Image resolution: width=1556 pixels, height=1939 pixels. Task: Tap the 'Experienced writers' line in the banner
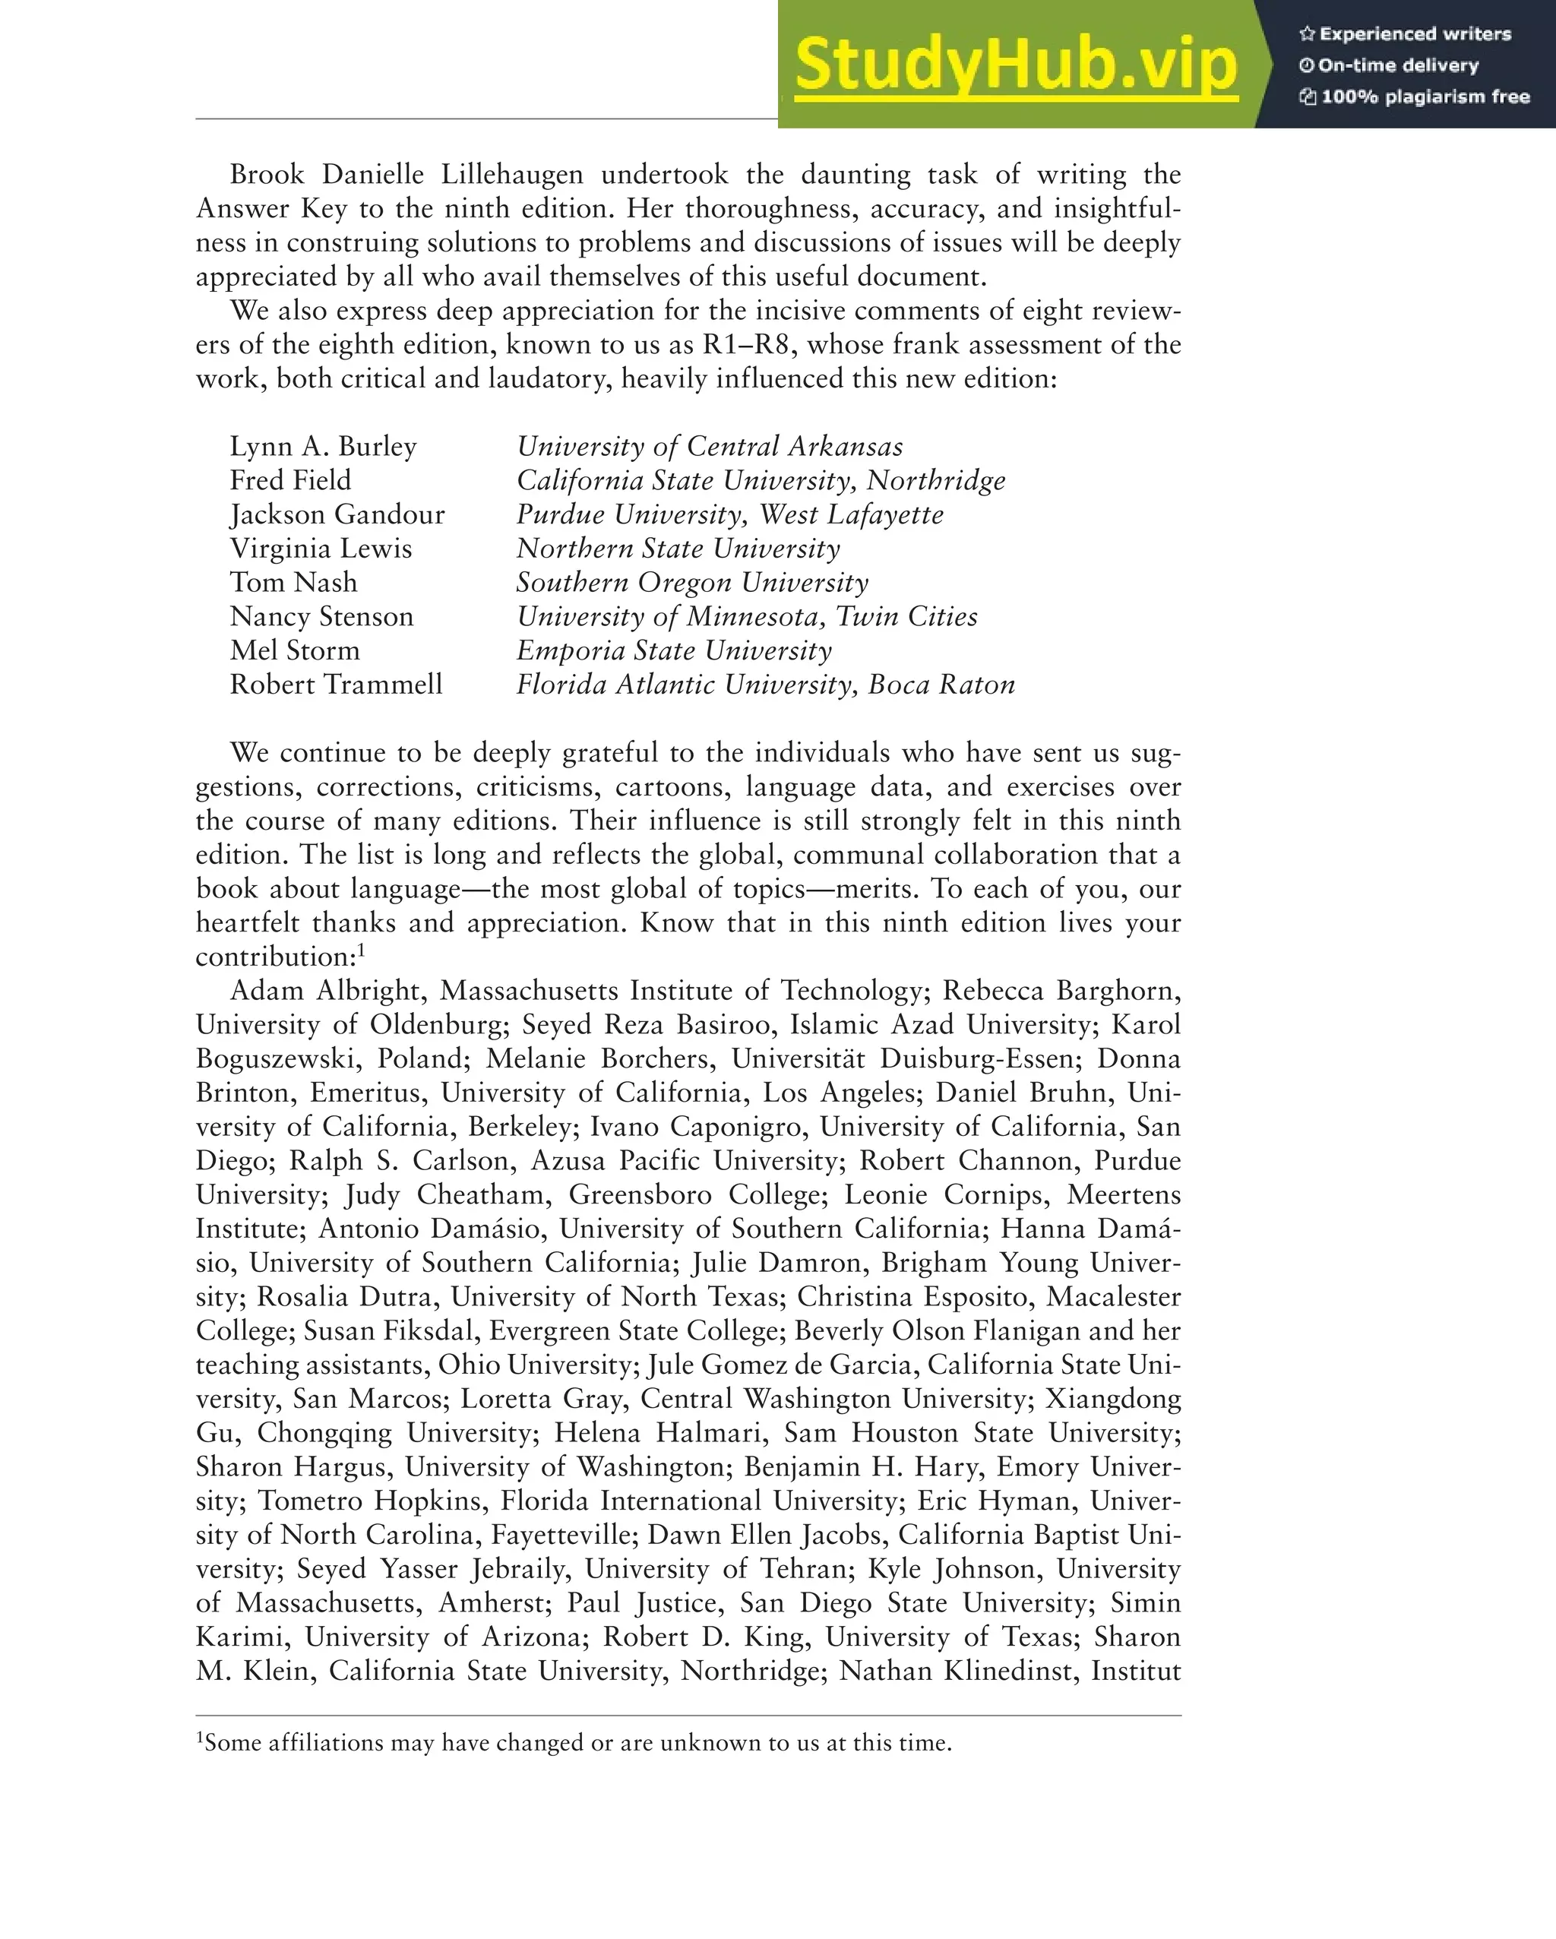pyautogui.click(x=1405, y=34)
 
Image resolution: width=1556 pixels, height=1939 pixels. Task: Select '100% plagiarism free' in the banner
pyautogui.click(x=1415, y=97)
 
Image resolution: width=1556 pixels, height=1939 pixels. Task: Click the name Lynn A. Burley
pyautogui.click(x=323, y=446)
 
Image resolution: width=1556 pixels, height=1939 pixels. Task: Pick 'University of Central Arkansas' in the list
pyautogui.click(x=709, y=446)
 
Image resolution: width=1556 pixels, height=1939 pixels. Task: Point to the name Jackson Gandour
pyautogui.click(x=337, y=514)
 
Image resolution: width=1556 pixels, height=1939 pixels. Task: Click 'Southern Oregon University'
pyautogui.click(x=691, y=583)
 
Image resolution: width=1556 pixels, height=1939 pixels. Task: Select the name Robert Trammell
pyautogui.click(x=336, y=685)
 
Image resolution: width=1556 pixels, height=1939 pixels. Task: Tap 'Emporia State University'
pyautogui.click(x=674, y=650)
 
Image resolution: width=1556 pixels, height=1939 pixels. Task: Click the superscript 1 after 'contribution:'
pyautogui.click(x=361, y=949)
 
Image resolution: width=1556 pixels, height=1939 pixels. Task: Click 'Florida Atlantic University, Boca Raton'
pyautogui.click(x=765, y=685)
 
